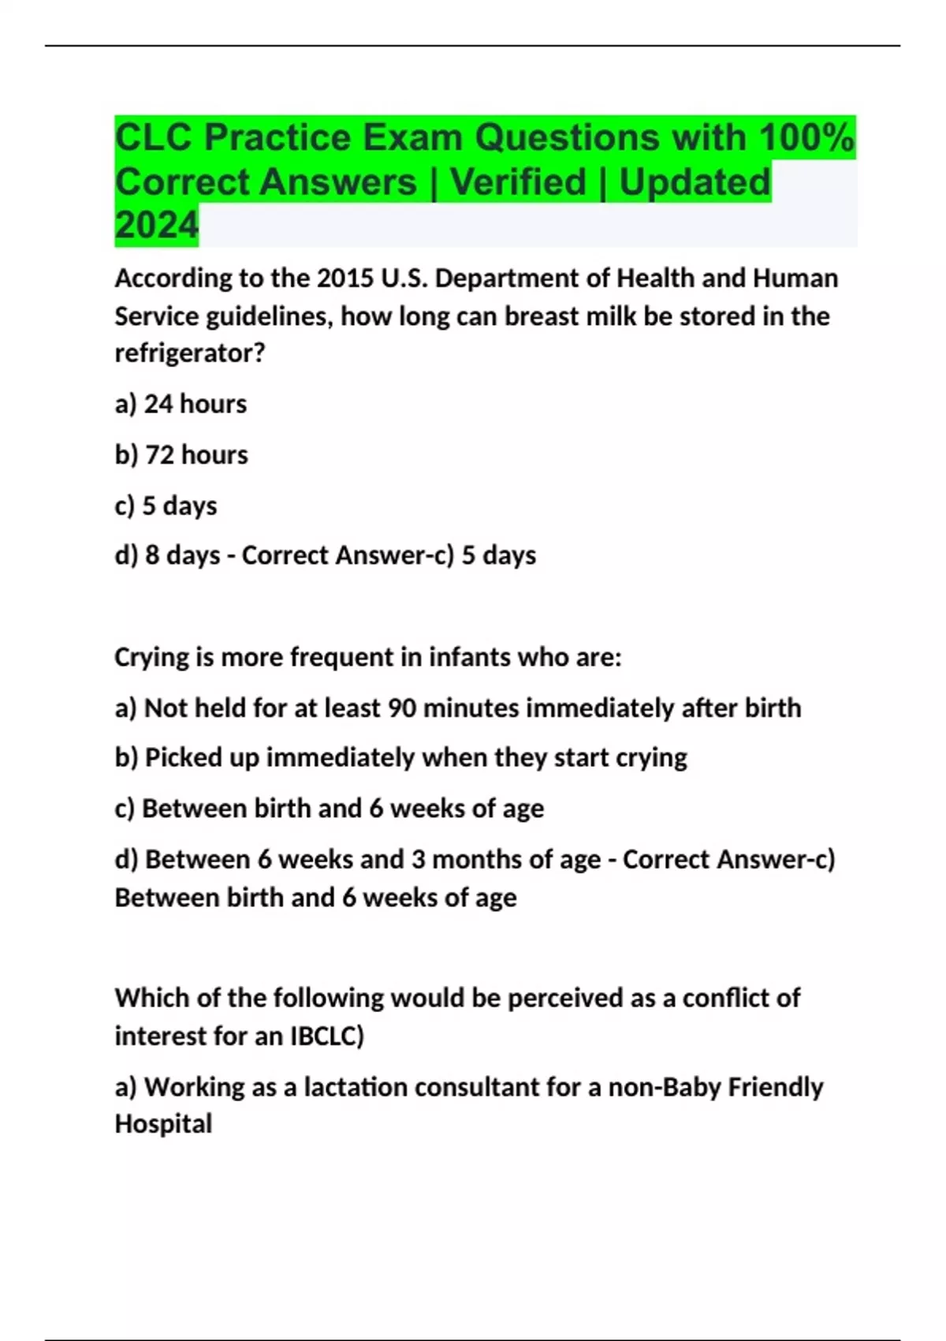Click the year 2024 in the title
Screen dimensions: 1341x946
pyautogui.click(x=156, y=225)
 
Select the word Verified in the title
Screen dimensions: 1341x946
pyautogui.click(x=518, y=181)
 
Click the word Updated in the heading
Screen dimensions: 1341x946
pyautogui.click(x=695, y=181)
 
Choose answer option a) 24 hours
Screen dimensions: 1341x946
pyautogui.click(x=181, y=404)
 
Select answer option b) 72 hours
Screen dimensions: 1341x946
pyautogui.click(x=181, y=454)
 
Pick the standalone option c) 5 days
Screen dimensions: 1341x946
pyautogui.click(x=166, y=505)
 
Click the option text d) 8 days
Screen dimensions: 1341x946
pyautogui.click(x=167, y=555)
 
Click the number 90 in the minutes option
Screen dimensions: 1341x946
pyautogui.click(x=401, y=708)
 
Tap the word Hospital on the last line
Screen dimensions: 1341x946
pyautogui.click(x=163, y=1123)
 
